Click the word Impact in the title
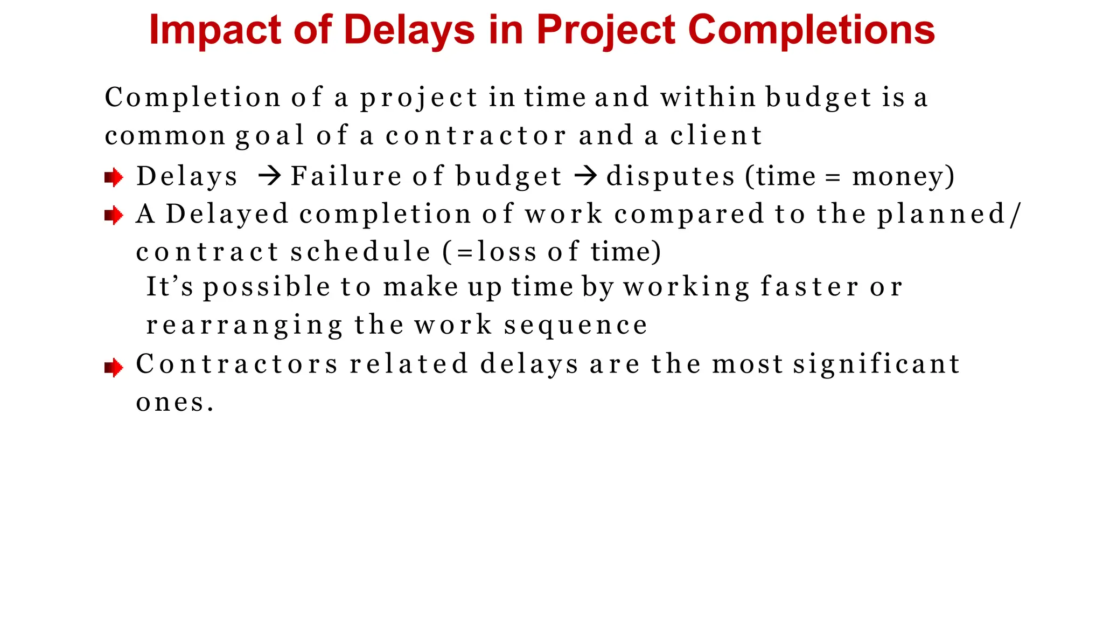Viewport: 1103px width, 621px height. pos(214,30)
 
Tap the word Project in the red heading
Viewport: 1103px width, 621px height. pos(605,30)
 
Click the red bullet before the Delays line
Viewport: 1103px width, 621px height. pos(114,177)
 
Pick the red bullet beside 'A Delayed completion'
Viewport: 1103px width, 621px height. pos(114,216)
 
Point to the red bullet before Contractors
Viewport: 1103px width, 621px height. pos(114,368)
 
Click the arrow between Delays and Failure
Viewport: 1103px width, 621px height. pos(269,176)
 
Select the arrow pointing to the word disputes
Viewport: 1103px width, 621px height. pos(585,176)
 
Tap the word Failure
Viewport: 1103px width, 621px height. pos(346,176)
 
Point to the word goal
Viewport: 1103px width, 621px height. pos(270,136)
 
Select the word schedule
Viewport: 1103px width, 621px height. pos(360,252)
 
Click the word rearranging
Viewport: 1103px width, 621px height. pos(244,325)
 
